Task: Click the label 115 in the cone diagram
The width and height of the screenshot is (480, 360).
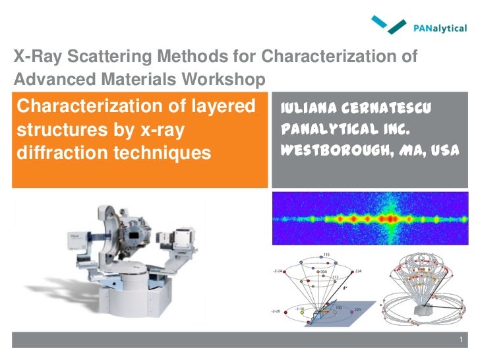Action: click(x=326, y=255)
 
